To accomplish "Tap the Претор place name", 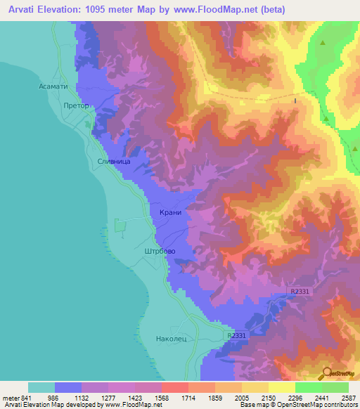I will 77,106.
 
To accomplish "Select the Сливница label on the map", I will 112,161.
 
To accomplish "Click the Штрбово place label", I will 159,250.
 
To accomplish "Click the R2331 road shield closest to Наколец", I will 237,337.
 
